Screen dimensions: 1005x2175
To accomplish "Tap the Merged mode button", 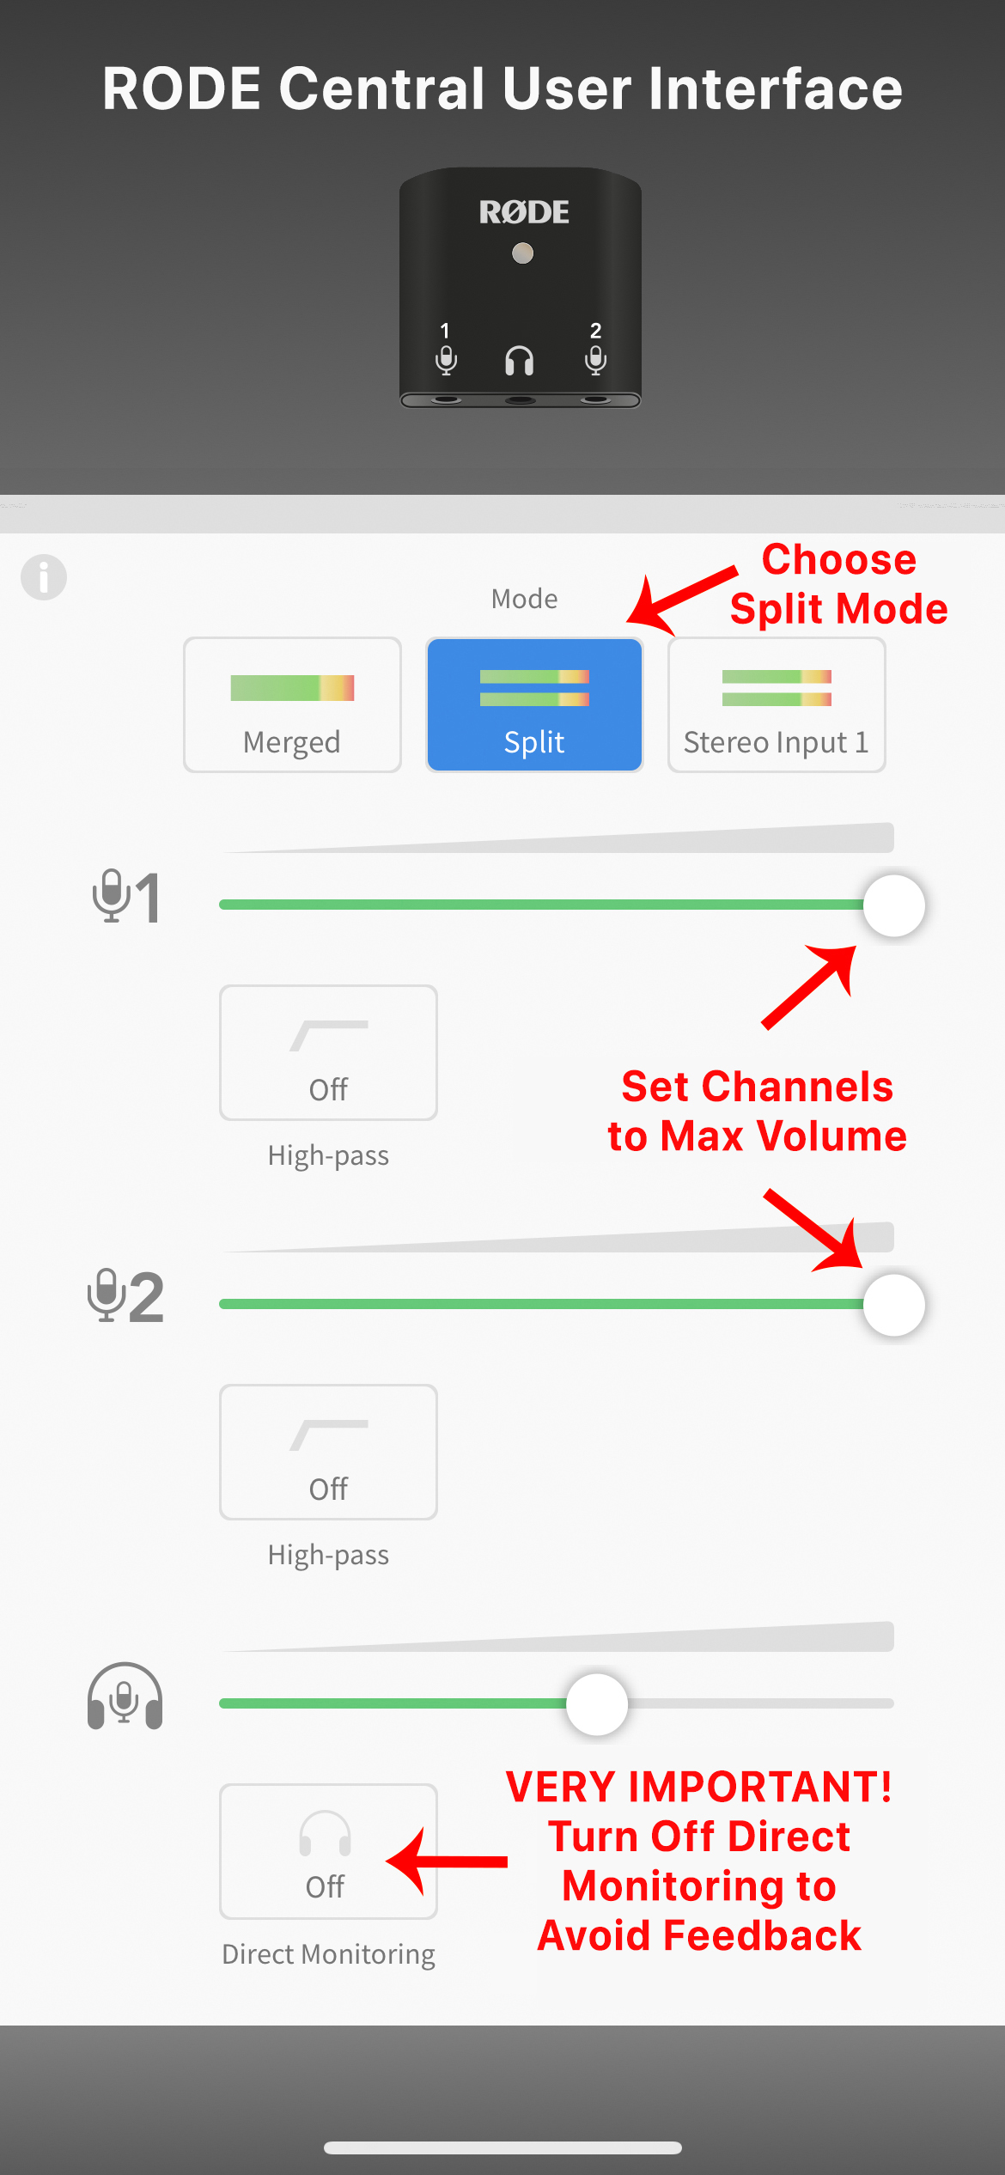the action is [x=292, y=704].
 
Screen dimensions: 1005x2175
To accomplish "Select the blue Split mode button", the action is [x=534, y=704].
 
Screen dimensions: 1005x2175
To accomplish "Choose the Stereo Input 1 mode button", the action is [x=777, y=704].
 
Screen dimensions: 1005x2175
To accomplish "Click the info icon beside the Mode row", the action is [x=44, y=577].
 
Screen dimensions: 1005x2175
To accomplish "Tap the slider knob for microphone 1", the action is [x=893, y=905].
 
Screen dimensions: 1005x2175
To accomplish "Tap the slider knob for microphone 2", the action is [x=893, y=1305].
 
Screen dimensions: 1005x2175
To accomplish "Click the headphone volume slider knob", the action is [x=597, y=1703].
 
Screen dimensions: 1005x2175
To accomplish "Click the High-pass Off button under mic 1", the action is [x=328, y=1052].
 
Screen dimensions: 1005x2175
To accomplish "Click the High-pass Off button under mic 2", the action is [x=328, y=1452].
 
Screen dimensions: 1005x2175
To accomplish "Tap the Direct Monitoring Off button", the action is [x=328, y=1851].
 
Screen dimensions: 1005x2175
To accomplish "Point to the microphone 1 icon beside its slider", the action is [x=126, y=896].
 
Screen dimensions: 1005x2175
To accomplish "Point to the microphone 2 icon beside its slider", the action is [x=125, y=1295].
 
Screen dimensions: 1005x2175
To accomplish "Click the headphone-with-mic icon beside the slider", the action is [x=125, y=1696].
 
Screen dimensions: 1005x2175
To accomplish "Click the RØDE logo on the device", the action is [x=524, y=212].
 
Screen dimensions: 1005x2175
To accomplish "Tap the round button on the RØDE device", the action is [x=522, y=253].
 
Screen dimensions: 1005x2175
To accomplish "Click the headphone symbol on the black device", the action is [x=519, y=361].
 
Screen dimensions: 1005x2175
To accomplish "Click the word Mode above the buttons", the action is [x=524, y=599].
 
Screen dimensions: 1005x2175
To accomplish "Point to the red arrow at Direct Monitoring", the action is [x=447, y=1861].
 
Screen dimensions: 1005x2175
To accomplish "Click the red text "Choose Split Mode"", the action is [x=839, y=584].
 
